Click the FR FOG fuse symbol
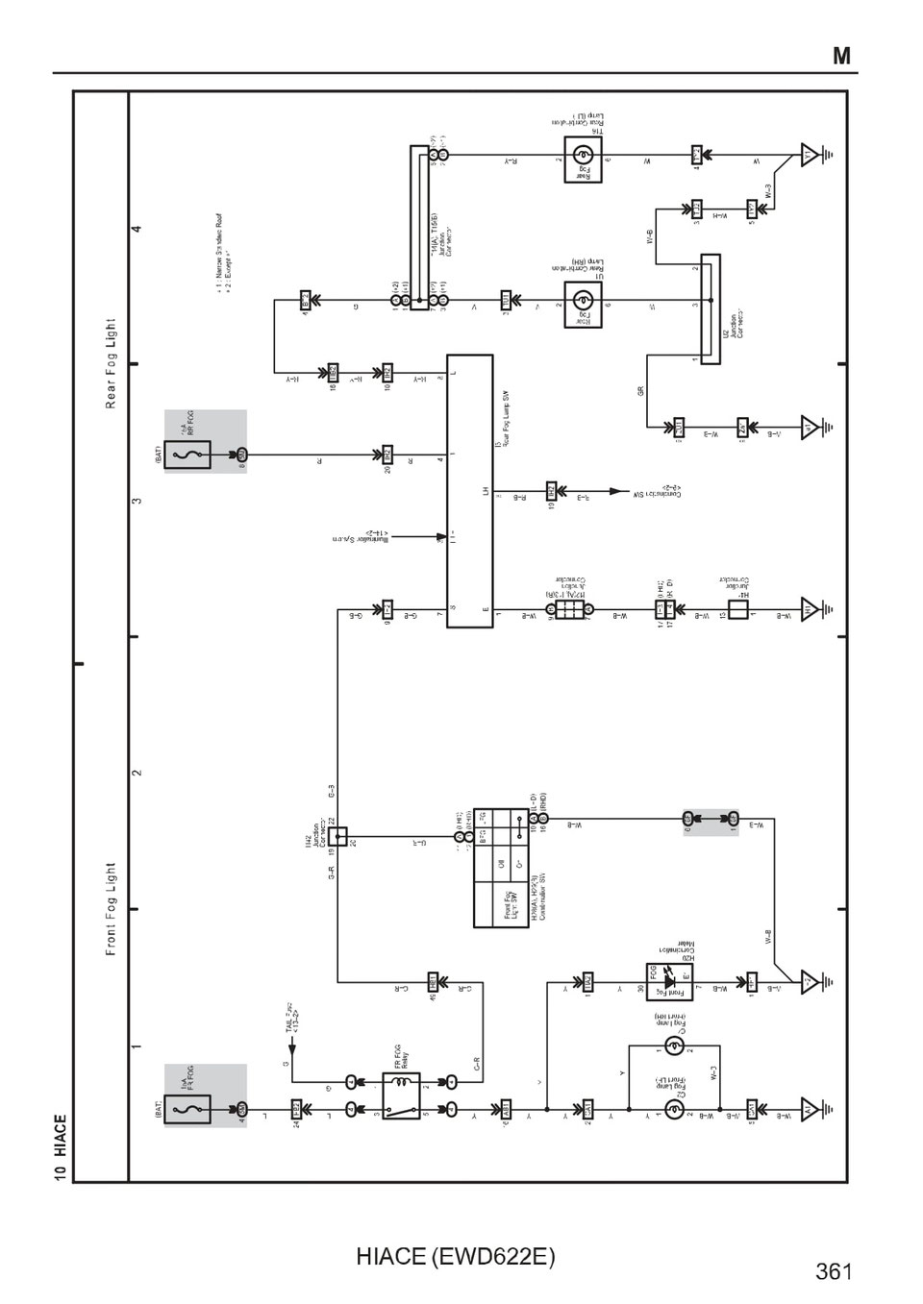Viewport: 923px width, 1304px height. coord(187,1109)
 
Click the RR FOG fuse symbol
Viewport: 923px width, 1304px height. coord(187,454)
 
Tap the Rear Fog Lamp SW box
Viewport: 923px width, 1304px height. coord(469,490)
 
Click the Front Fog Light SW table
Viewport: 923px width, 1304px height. coord(501,868)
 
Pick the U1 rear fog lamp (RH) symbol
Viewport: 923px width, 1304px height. coord(583,304)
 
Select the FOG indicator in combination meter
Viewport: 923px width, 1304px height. coord(670,982)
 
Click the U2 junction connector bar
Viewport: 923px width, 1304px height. coord(711,308)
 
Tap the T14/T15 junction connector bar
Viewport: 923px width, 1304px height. coord(418,228)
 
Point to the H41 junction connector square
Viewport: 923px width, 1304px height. coord(737,609)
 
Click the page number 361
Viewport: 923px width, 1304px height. coord(834,1271)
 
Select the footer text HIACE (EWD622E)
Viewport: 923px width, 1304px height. coord(455,1256)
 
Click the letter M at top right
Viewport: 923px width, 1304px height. coord(841,56)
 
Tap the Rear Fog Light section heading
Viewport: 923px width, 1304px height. coord(111,363)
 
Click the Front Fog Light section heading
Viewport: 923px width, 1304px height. coord(111,908)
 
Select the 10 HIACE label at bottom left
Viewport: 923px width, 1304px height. coord(61,1147)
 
